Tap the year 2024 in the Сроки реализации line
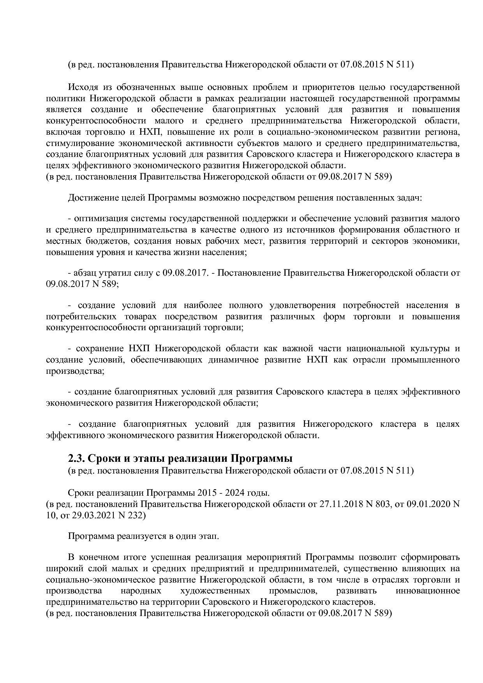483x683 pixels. pyautogui.click(x=234, y=493)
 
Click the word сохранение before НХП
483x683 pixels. pyautogui.click(x=98, y=348)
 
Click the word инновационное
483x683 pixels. pyautogui.click(x=427, y=591)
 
